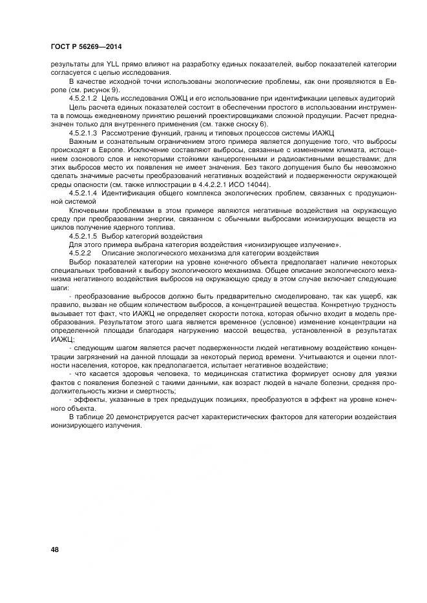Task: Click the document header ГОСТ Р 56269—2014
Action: point(85,47)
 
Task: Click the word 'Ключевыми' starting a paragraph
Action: point(87,210)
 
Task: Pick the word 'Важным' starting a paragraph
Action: point(83,140)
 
